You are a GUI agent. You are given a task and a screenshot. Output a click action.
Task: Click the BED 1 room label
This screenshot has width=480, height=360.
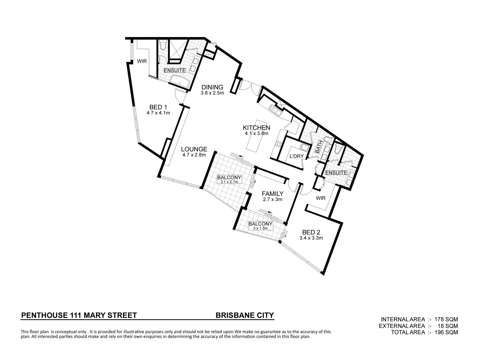[158, 107]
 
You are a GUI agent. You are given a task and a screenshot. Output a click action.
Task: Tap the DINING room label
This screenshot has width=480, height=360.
[212, 87]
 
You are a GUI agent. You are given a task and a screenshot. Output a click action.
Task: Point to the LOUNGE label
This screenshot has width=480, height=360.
[194, 149]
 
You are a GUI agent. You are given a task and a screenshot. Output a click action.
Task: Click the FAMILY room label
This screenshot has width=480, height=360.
[272, 194]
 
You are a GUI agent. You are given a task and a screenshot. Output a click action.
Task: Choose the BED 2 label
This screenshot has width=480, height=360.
[311, 232]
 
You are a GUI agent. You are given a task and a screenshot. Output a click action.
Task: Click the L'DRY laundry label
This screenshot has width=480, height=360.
[296, 156]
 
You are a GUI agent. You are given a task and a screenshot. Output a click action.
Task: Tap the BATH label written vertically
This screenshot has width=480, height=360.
[319, 147]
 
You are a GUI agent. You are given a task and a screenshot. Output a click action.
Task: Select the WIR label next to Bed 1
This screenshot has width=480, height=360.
[142, 61]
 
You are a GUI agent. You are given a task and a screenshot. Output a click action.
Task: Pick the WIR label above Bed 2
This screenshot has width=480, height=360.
[320, 198]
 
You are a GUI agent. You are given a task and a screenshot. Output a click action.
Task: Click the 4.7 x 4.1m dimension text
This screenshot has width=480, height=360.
[158, 113]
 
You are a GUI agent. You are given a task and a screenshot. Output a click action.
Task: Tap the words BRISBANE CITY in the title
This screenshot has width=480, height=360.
[245, 315]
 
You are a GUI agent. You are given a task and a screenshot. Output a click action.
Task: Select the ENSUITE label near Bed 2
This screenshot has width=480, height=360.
[336, 173]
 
